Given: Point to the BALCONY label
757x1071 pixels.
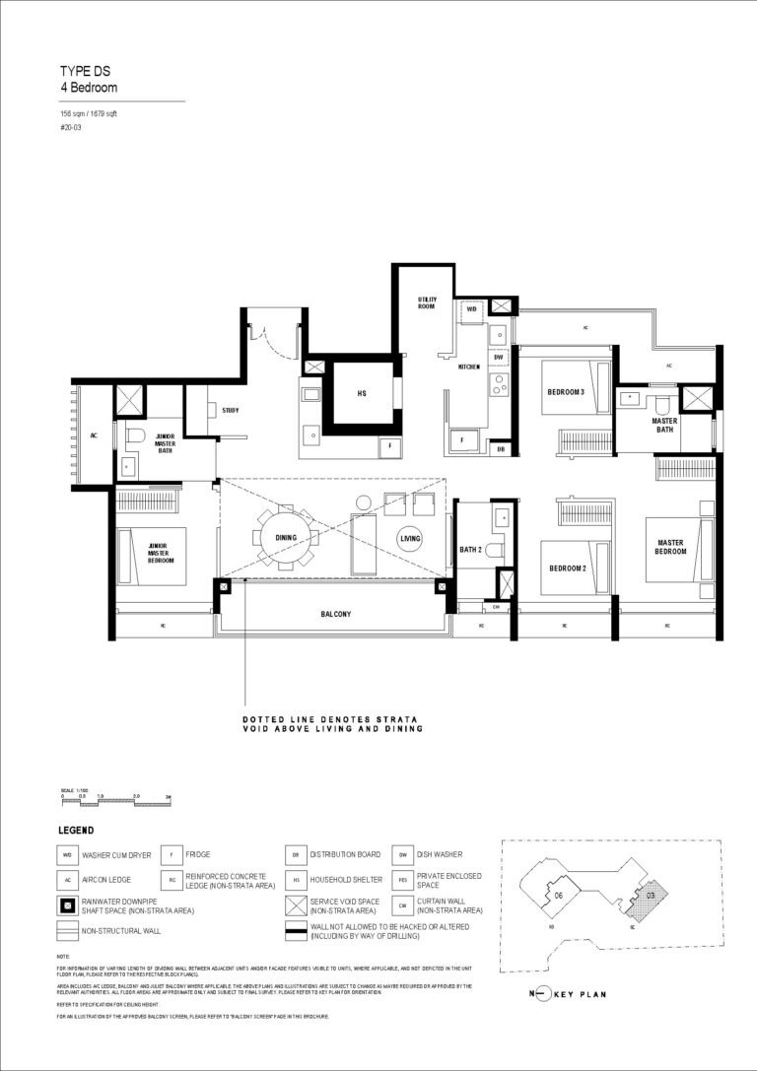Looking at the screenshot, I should point(335,613).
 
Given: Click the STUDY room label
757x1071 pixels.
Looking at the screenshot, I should point(231,410).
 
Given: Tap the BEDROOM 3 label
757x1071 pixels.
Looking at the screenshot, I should point(566,393).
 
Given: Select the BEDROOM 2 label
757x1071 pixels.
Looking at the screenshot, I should point(566,569).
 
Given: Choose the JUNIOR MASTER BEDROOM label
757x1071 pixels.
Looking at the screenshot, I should point(163,551).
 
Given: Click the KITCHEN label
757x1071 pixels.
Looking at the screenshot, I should point(469,367).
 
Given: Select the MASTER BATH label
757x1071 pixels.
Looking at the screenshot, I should point(664,425).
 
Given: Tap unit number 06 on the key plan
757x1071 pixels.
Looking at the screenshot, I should point(558,895).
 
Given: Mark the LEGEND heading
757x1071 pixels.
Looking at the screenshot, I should point(76,831).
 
